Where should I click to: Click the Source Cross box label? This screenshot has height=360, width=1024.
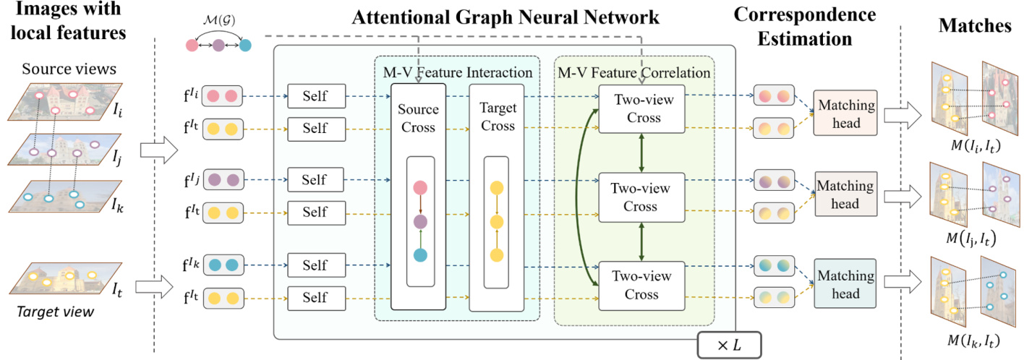(x=419, y=119)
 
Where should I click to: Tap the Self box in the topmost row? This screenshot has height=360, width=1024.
(x=315, y=95)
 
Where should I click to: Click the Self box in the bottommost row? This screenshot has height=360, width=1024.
(x=315, y=297)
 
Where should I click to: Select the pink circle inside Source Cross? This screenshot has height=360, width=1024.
(x=420, y=188)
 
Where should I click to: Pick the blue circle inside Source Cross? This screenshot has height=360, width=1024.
(x=420, y=254)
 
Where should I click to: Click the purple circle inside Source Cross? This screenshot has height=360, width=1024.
(x=420, y=221)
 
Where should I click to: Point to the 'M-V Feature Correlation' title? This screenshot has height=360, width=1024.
(x=634, y=72)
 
